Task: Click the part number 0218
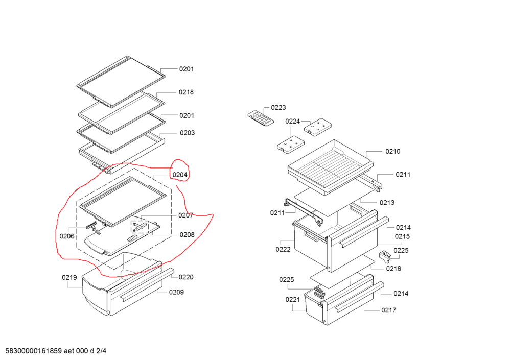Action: click(x=186, y=92)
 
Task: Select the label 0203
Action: click(x=187, y=133)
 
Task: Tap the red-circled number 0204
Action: click(x=180, y=175)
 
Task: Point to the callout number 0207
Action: click(x=185, y=215)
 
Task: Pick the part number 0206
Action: click(x=67, y=236)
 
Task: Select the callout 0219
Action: click(x=69, y=278)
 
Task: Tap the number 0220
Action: click(x=186, y=277)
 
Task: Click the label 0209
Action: click(x=177, y=292)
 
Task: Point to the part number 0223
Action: click(x=278, y=107)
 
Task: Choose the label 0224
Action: click(x=292, y=121)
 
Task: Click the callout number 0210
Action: click(x=393, y=151)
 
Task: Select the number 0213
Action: click(x=387, y=203)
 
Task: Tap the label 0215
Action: click(x=402, y=236)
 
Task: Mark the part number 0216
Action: click(x=393, y=269)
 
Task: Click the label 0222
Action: click(x=283, y=249)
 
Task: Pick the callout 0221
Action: click(x=293, y=300)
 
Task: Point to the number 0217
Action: click(x=388, y=310)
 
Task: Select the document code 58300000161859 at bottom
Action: click(x=33, y=351)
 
